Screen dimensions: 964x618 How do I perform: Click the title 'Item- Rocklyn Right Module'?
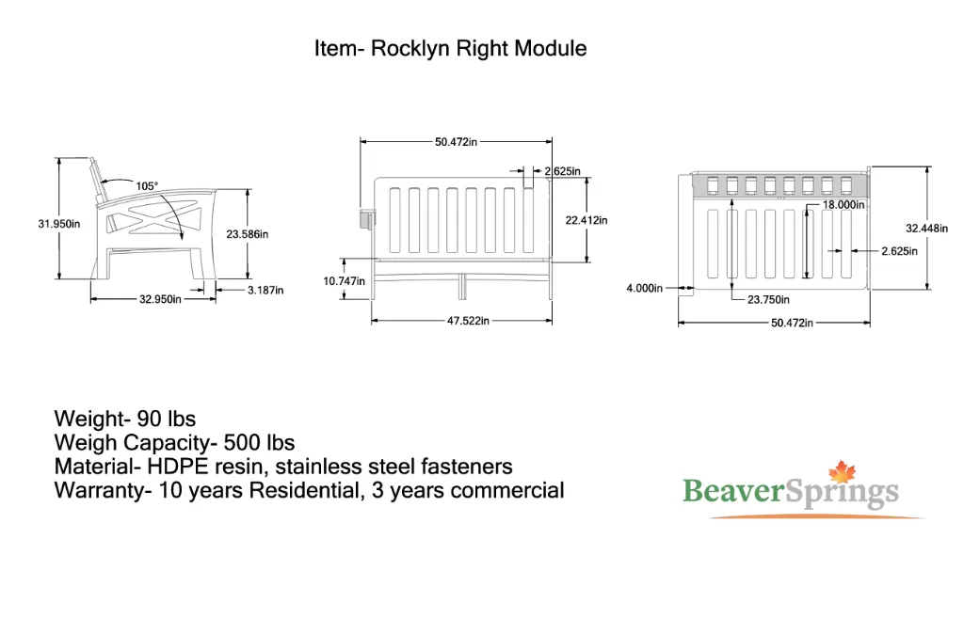click(x=450, y=48)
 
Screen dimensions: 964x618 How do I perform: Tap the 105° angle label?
click(x=146, y=185)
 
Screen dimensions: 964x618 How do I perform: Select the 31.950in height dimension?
click(x=59, y=224)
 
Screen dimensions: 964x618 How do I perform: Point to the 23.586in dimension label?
click(x=248, y=234)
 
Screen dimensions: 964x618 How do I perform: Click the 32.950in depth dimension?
click(x=160, y=299)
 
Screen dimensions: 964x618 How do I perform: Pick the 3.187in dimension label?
click(x=265, y=290)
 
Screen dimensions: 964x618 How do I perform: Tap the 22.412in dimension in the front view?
click(x=586, y=220)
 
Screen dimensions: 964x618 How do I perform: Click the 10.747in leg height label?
click(x=345, y=280)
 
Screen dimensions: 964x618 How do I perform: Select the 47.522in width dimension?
click(x=469, y=321)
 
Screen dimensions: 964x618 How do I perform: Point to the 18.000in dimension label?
click(x=843, y=204)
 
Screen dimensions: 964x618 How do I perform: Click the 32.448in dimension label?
click(x=926, y=228)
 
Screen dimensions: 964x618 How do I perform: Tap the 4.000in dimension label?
click(x=644, y=288)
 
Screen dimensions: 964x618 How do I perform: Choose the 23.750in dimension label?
click(x=768, y=299)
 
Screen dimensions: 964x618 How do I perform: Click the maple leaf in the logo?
click(x=843, y=472)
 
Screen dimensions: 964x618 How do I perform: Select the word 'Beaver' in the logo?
click(x=733, y=491)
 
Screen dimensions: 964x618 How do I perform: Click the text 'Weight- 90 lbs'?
click(x=125, y=419)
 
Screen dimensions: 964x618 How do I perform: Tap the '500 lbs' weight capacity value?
click(x=259, y=442)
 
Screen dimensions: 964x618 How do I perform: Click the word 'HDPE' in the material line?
click(x=177, y=467)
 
